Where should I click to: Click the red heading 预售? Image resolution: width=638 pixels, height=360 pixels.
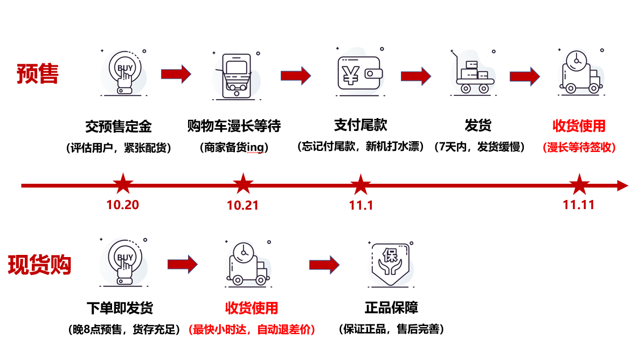click(x=38, y=74)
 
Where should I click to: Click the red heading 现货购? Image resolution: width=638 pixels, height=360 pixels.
click(x=40, y=265)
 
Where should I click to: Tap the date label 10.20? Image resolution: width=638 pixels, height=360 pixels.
click(x=122, y=205)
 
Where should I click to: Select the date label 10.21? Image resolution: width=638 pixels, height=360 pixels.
click(x=242, y=205)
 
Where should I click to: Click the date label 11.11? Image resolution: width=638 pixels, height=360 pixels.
click(x=579, y=205)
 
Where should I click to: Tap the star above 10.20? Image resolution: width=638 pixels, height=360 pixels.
click(x=123, y=184)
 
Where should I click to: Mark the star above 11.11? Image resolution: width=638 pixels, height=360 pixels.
click(x=579, y=184)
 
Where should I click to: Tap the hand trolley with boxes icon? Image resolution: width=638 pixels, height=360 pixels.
click(x=473, y=73)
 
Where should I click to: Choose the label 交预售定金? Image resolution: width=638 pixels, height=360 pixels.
click(x=119, y=126)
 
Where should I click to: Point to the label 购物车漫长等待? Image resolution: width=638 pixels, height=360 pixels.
click(x=234, y=126)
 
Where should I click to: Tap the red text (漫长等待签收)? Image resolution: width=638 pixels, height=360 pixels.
click(x=579, y=147)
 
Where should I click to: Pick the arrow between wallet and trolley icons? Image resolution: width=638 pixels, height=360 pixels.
click(x=415, y=75)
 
